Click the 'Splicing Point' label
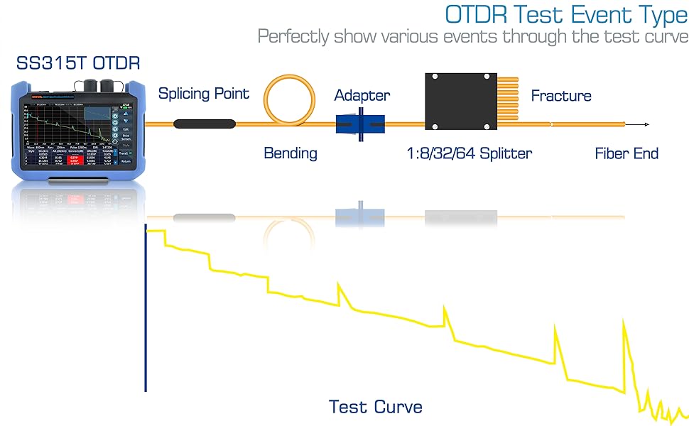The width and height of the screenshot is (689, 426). (x=203, y=94)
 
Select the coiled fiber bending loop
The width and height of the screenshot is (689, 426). (x=289, y=102)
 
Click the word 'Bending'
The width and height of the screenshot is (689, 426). (x=291, y=153)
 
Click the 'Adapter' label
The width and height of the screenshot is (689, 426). (x=362, y=95)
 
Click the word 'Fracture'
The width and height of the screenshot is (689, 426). (x=560, y=96)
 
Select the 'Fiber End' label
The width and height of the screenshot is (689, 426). (x=626, y=153)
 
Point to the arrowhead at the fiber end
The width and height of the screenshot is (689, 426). (x=646, y=125)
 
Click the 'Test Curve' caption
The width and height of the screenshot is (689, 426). (x=375, y=407)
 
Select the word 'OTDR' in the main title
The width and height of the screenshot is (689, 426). (x=477, y=14)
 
